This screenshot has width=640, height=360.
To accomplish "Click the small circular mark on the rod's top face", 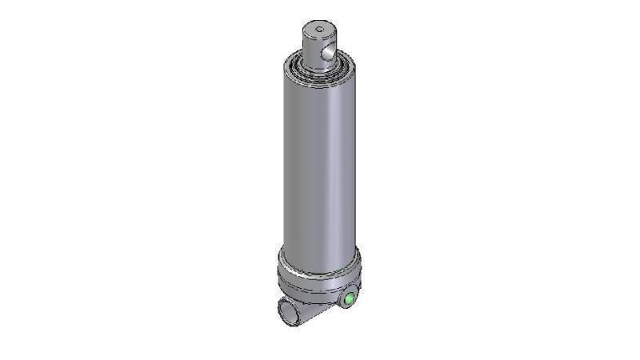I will coord(319,30).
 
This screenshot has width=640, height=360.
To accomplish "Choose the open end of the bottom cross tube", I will coord(288,313).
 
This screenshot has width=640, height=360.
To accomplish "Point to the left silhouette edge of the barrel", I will coord(282,160).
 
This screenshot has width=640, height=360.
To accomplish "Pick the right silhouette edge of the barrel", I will coord(358,160).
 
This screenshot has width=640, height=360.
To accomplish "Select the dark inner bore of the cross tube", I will coord(289,314).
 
